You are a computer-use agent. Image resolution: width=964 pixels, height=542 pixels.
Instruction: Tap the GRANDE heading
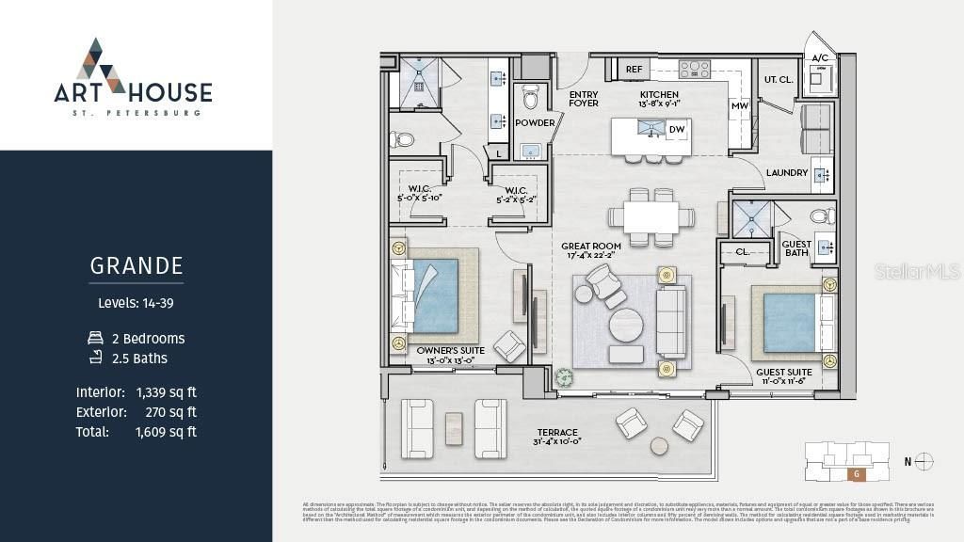tap(137, 266)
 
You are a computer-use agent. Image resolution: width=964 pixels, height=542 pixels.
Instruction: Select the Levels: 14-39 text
tap(137, 303)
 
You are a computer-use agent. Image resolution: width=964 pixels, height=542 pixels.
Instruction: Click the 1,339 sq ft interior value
tap(167, 392)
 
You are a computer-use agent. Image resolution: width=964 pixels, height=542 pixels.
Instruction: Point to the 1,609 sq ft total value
tap(167, 432)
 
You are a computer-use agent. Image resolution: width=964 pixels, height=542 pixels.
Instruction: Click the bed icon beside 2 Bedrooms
tap(94, 338)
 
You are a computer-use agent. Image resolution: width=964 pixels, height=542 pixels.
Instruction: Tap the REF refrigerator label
tap(634, 69)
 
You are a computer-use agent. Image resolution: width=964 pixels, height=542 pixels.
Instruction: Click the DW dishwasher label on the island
tap(676, 130)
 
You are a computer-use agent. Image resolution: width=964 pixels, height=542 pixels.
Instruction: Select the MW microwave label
tap(739, 106)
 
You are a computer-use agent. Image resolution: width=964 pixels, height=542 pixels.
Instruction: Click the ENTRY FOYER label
tap(584, 99)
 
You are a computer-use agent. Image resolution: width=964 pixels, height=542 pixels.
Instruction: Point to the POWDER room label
tap(534, 122)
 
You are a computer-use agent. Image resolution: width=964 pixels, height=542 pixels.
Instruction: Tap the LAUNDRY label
tap(787, 173)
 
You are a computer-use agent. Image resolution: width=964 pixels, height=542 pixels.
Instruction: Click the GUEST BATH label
tap(796, 248)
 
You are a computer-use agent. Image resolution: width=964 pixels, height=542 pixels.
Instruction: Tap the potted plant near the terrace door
tap(564, 376)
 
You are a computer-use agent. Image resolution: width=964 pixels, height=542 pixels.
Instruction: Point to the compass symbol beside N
tap(924, 461)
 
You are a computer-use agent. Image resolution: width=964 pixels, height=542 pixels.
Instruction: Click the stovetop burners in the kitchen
tap(695, 69)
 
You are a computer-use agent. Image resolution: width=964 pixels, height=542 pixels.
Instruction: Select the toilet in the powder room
tap(530, 97)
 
